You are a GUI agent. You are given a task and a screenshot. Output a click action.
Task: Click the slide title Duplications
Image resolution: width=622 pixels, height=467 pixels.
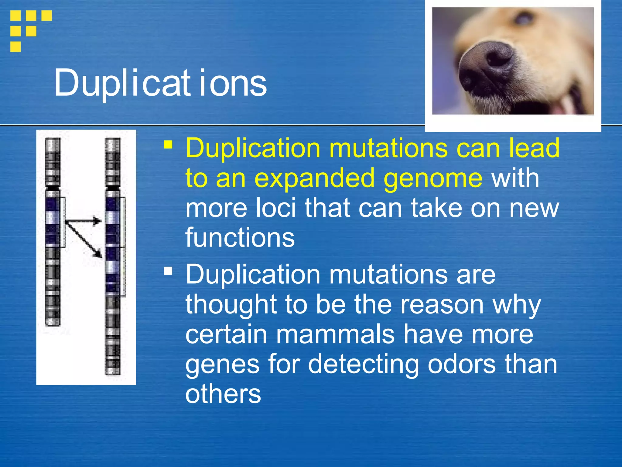160,83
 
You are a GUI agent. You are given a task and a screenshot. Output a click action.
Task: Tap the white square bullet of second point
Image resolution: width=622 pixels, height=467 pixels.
168,271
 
